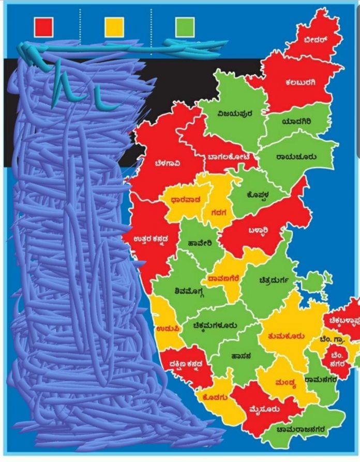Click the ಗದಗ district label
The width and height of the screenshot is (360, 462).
pos(215,210)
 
